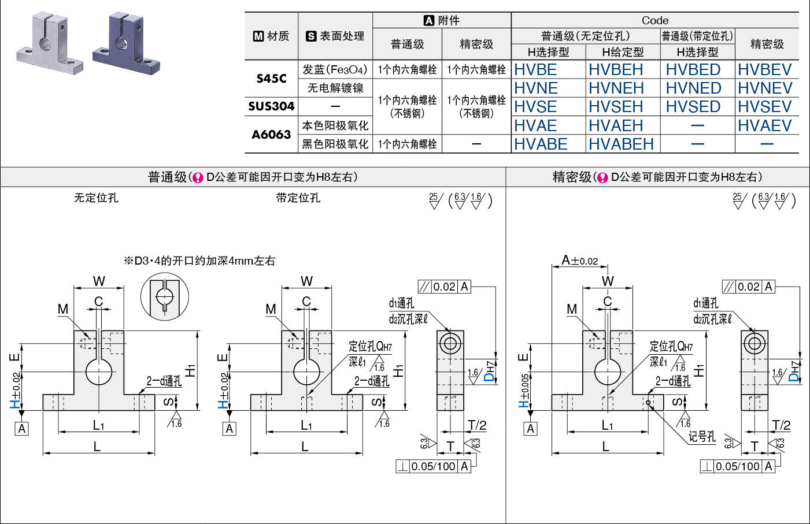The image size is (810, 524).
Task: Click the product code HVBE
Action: [535, 70]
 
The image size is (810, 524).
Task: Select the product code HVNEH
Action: [616, 88]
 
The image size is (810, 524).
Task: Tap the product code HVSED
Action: [693, 107]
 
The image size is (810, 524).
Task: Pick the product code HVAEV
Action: [764, 126]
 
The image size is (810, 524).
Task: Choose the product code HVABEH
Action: [621, 144]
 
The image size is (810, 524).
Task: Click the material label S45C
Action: [271, 79]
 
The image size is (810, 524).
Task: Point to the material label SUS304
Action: [271, 106]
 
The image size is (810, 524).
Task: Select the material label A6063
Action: [271, 135]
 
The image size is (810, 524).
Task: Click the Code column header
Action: [654, 20]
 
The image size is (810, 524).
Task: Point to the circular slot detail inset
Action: [165, 295]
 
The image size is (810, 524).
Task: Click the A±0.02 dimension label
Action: [580, 261]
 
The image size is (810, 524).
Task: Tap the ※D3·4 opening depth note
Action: [199, 261]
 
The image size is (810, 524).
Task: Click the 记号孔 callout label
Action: [702, 437]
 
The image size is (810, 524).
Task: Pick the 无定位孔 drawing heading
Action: [96, 198]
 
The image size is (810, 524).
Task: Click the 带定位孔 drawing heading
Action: [298, 198]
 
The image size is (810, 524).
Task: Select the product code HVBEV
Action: [764, 70]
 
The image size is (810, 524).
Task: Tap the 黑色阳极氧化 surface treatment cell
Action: [335, 144]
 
